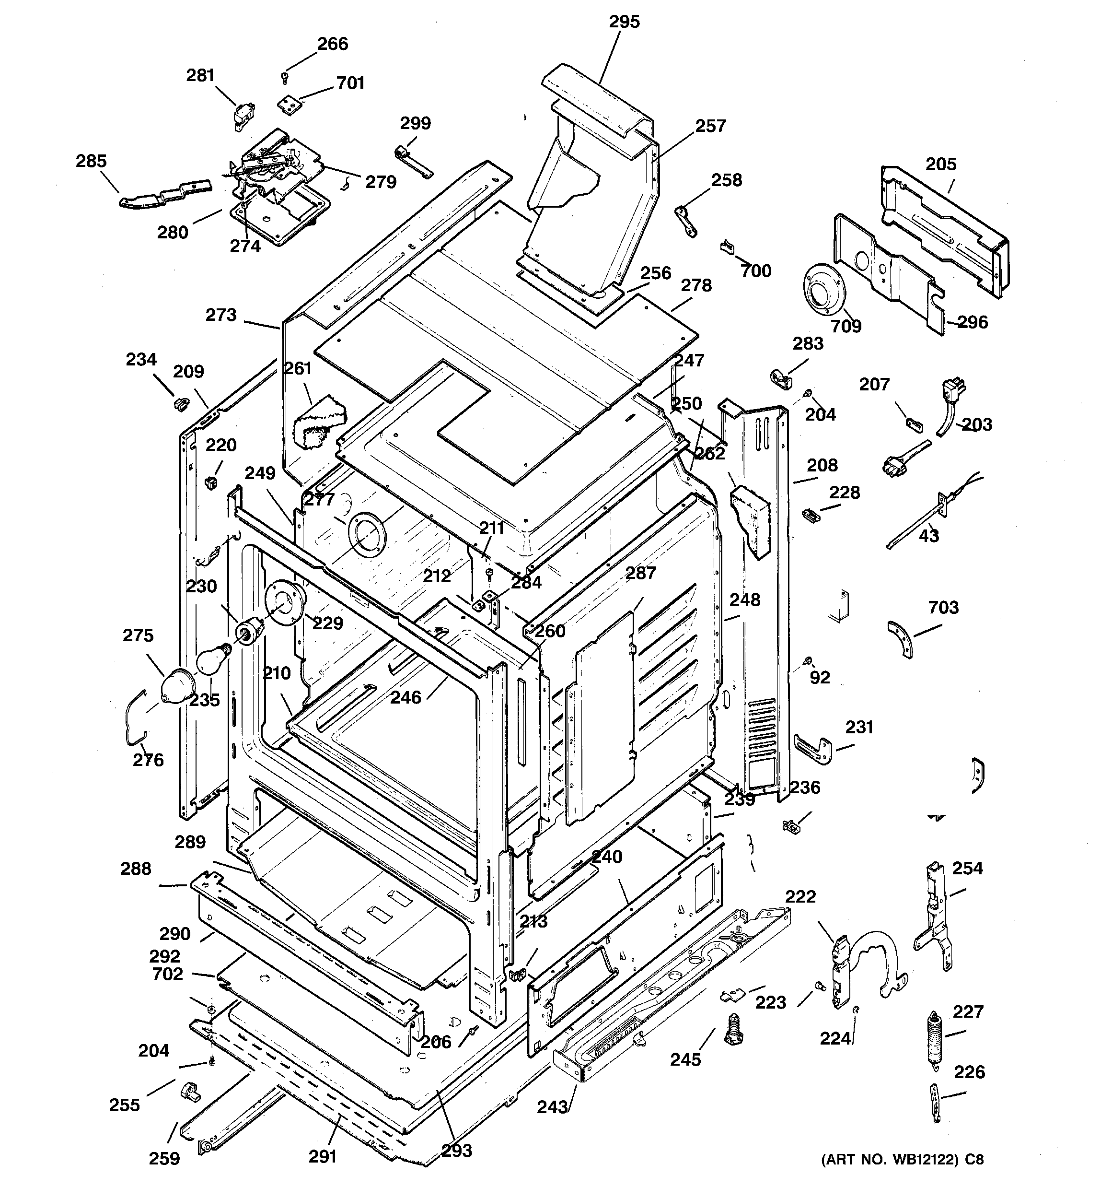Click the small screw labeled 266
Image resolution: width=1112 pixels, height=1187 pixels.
pyautogui.click(x=285, y=76)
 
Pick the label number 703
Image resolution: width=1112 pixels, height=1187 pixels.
pyautogui.click(x=943, y=607)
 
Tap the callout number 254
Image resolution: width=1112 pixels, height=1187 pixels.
pyautogui.click(x=967, y=868)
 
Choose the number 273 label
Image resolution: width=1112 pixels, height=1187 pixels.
pyautogui.click(x=221, y=315)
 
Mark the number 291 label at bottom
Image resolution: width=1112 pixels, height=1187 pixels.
pyautogui.click(x=322, y=1157)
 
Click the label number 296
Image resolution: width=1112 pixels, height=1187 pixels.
pyautogui.click(x=973, y=322)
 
